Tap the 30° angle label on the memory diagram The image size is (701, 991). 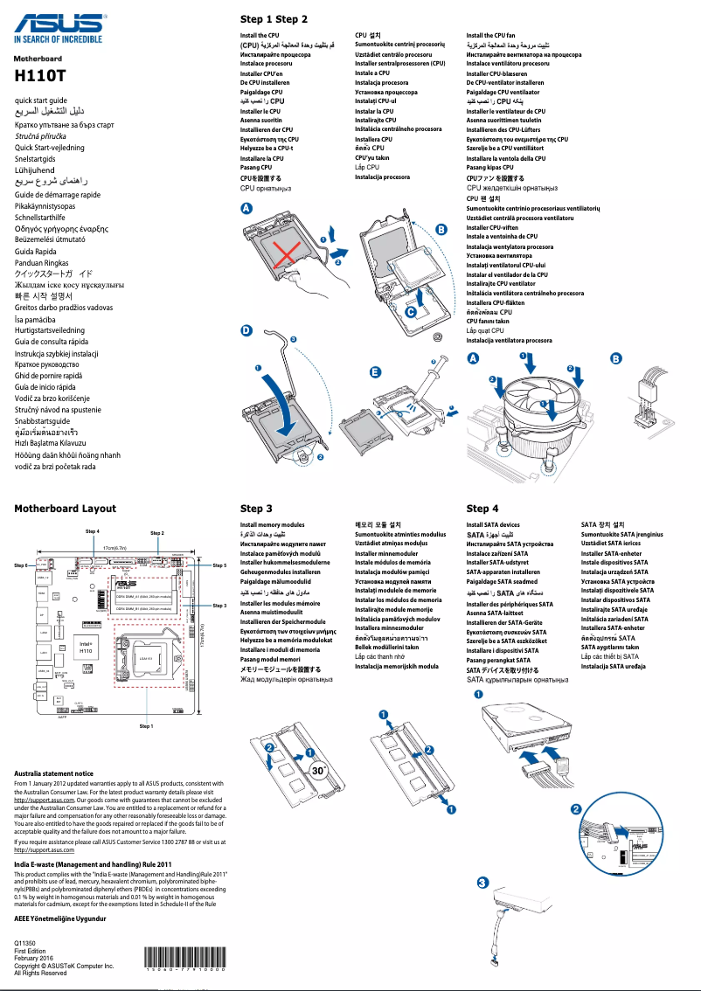[321, 770]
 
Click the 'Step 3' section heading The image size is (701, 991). [256, 508]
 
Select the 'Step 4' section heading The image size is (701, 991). [482, 508]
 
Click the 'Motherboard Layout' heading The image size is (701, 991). [65, 508]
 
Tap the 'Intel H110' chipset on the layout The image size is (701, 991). [86, 648]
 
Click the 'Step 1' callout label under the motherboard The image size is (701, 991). [147, 725]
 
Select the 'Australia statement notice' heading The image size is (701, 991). [53, 773]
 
